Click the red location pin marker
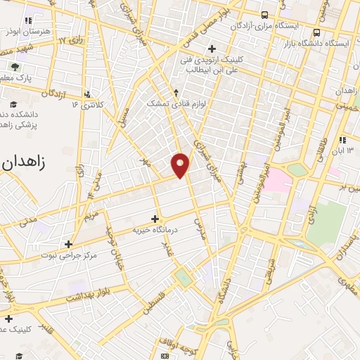coord(181,165)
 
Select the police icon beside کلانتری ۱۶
coord(86,94)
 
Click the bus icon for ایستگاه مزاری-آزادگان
coord(264,14)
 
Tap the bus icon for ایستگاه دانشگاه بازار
coord(318,32)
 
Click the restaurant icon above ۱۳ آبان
coord(342,140)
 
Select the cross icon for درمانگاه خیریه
coord(155,219)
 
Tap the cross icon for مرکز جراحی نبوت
coord(68,244)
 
